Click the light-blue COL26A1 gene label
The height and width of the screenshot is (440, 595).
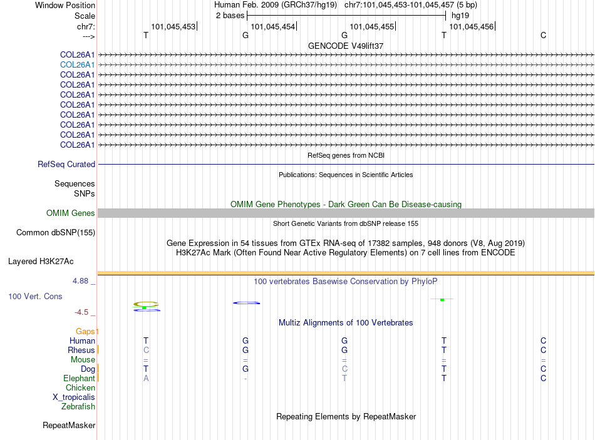coord(77,64)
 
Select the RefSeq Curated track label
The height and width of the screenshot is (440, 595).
coord(66,165)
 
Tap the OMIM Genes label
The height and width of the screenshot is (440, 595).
coord(71,213)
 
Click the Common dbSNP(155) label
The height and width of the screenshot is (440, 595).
coord(55,233)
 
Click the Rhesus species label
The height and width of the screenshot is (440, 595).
coord(82,350)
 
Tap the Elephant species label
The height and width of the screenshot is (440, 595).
coord(79,379)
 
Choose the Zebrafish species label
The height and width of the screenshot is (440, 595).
coord(78,407)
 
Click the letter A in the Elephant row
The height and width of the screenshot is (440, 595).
coord(146,379)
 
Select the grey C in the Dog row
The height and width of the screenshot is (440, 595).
coord(344,369)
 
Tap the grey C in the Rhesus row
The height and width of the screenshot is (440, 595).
coord(146,350)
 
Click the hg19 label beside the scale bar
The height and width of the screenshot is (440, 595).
coord(460,16)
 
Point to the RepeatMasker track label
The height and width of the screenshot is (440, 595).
coord(69,426)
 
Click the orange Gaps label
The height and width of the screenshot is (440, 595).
coord(86,331)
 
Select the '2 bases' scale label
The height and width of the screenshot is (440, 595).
coord(230,16)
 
